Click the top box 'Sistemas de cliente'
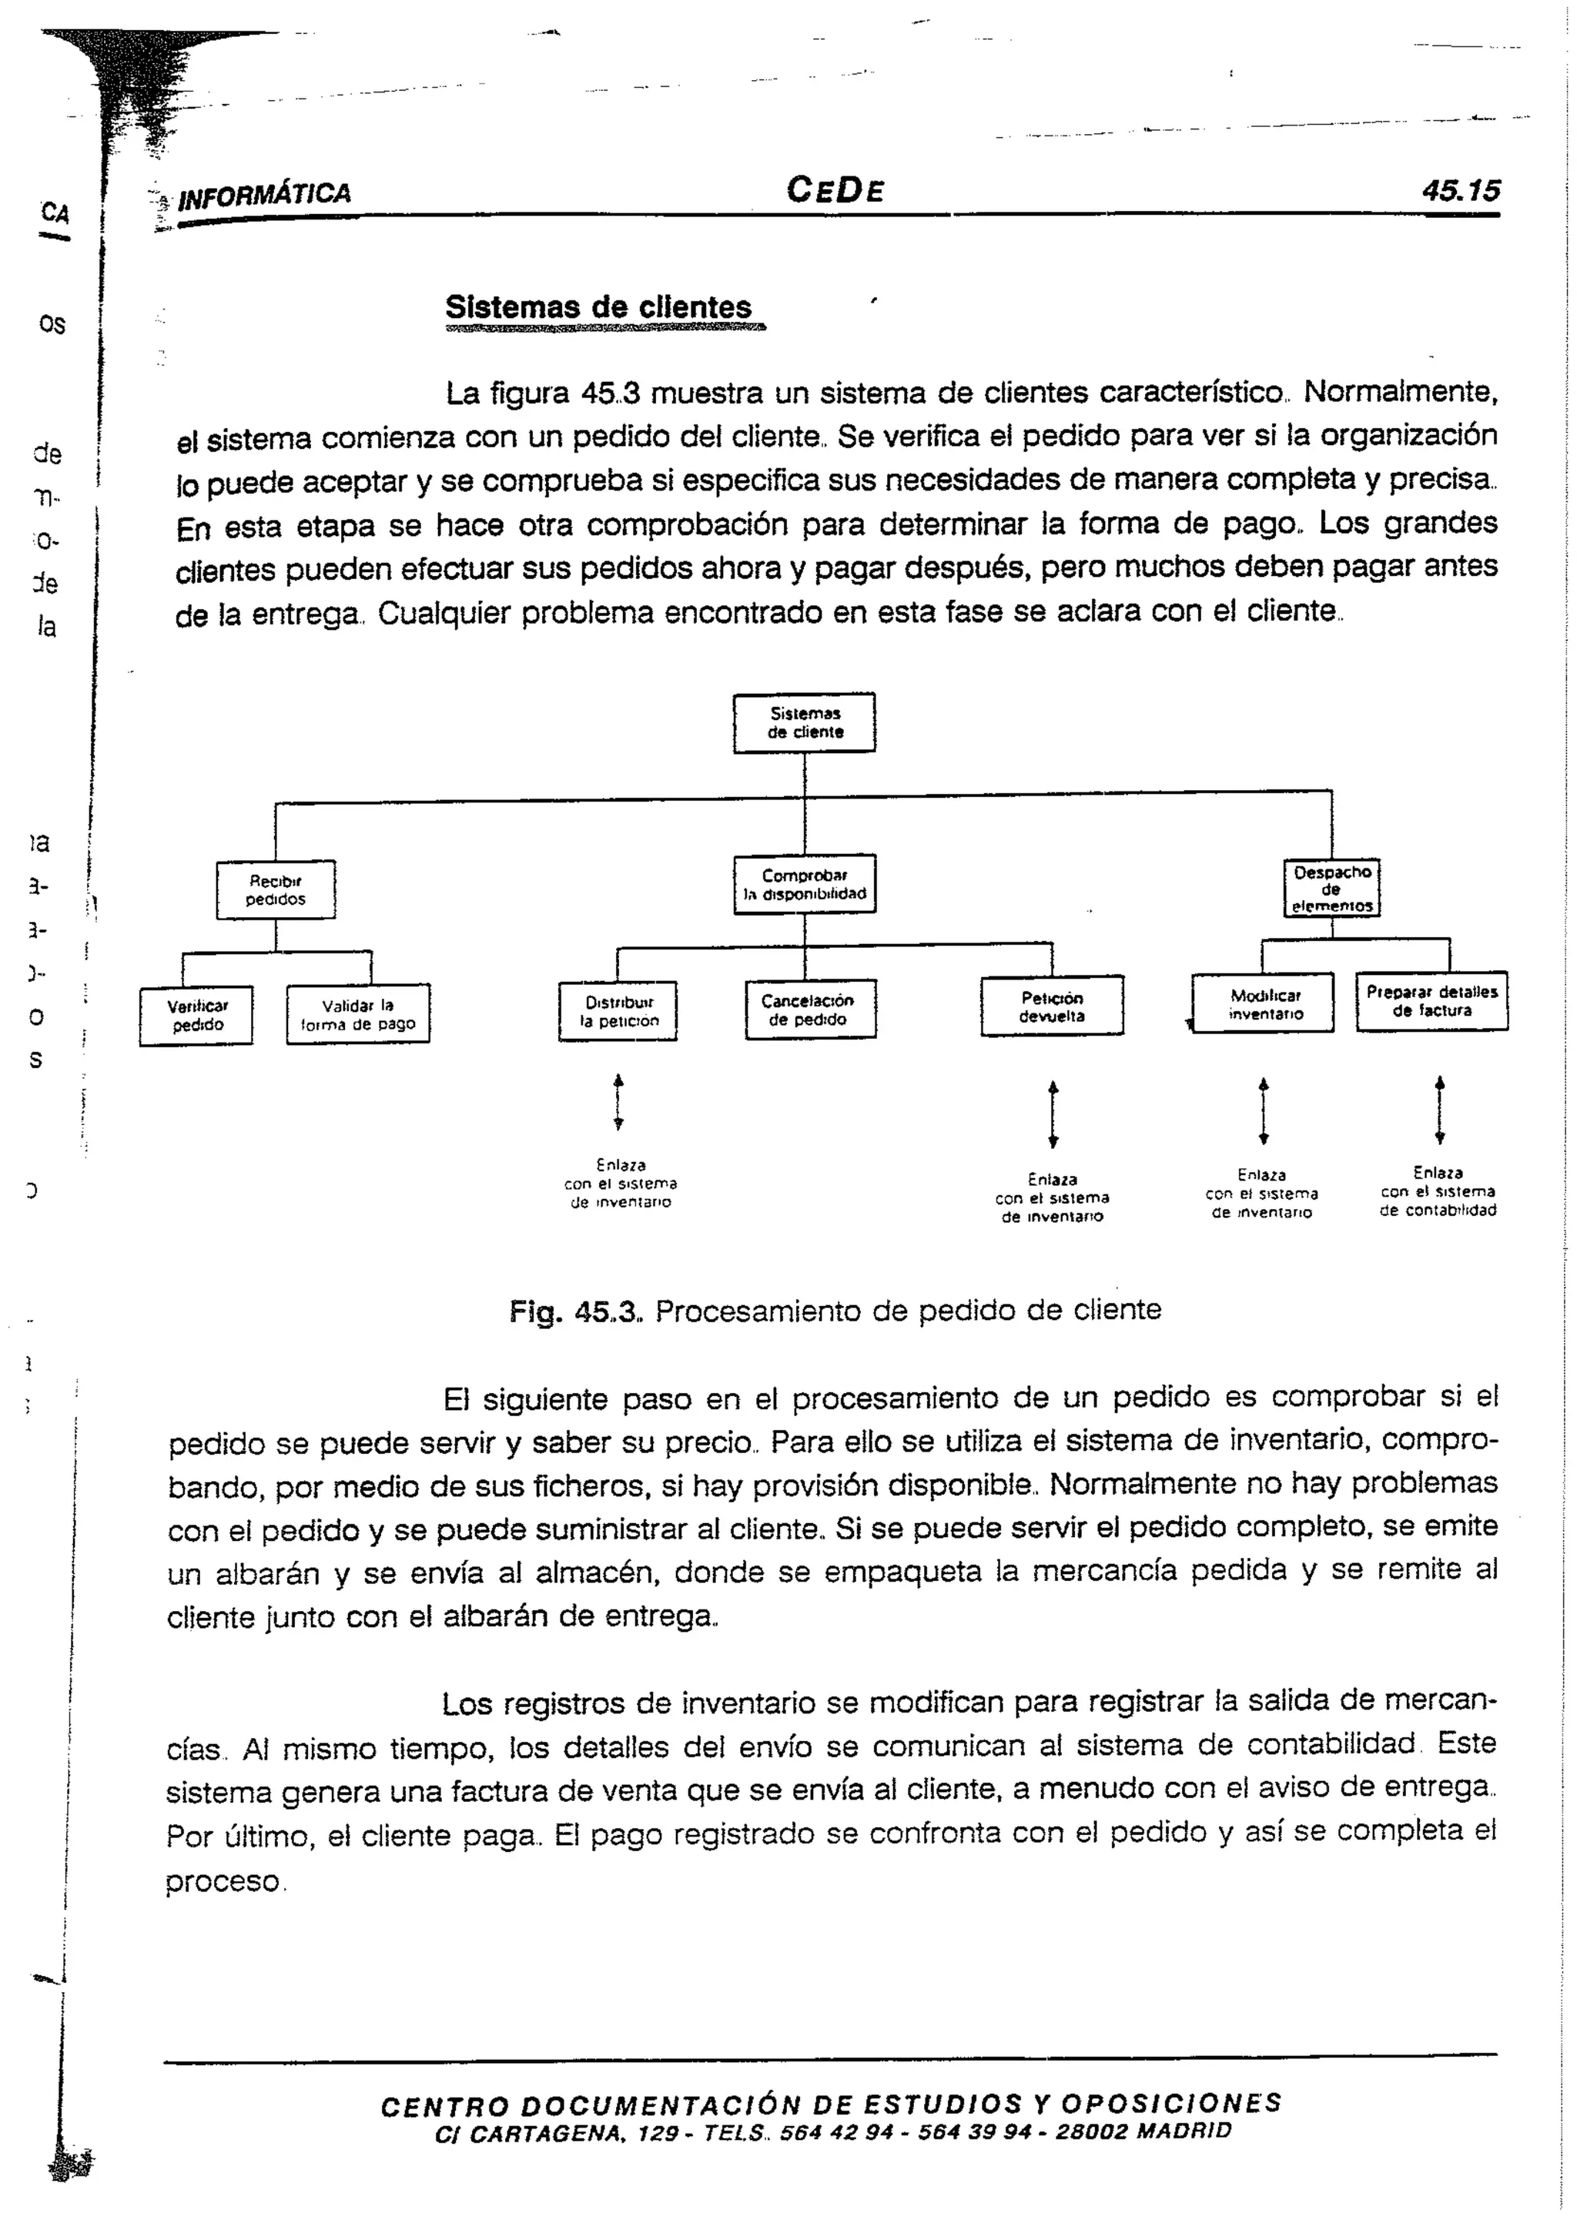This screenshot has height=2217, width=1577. click(804, 722)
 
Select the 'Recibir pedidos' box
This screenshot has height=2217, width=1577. click(276, 889)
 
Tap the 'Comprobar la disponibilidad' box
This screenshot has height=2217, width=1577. click(804, 884)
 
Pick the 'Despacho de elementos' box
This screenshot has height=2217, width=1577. click(1331, 888)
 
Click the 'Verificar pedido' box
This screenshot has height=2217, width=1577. click(196, 1016)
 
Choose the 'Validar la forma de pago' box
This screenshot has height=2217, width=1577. click(357, 1014)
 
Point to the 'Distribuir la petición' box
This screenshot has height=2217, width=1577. click(618, 1011)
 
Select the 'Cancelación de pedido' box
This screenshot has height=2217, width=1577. click(810, 1009)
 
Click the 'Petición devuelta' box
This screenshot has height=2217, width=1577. click(1052, 1006)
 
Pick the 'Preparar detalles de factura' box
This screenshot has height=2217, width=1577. click(1431, 1000)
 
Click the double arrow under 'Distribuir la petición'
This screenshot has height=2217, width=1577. click(618, 1102)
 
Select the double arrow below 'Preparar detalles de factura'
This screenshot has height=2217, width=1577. click(1439, 1109)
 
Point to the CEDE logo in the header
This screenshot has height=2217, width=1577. click(835, 189)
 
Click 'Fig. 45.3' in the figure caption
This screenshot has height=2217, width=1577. click(575, 1312)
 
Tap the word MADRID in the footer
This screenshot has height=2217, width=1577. click(1183, 2132)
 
